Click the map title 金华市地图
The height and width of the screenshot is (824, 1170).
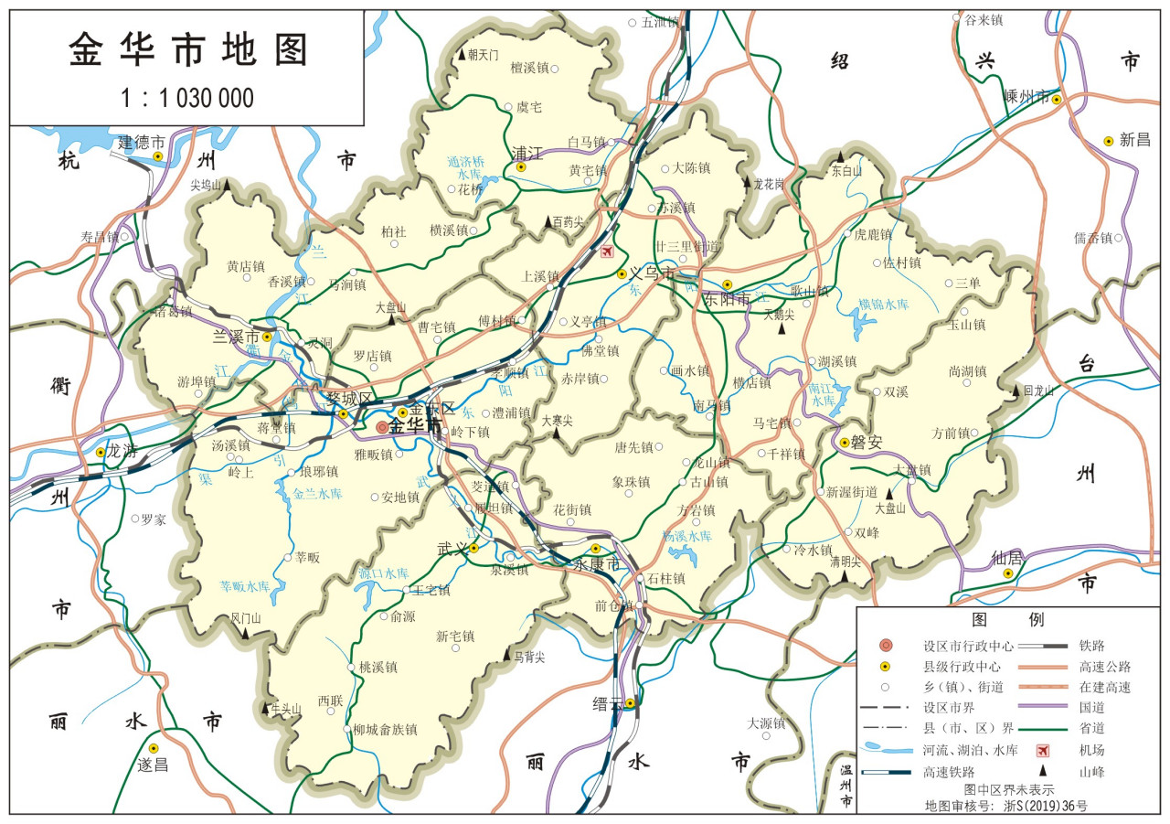(x=187, y=51)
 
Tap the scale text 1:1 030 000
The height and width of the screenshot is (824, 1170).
(x=187, y=98)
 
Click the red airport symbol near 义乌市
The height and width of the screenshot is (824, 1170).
(x=607, y=251)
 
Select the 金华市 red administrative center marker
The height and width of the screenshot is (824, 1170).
(x=382, y=427)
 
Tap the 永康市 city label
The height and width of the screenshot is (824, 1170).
(x=596, y=565)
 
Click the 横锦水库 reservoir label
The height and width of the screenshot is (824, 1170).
(x=884, y=304)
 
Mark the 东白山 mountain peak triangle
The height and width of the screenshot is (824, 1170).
(x=840, y=156)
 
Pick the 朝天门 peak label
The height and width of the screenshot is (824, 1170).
(x=483, y=55)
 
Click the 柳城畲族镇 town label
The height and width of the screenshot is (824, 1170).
(x=385, y=730)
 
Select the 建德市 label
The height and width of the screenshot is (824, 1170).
(x=142, y=143)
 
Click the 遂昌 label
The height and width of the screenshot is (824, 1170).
(x=153, y=765)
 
